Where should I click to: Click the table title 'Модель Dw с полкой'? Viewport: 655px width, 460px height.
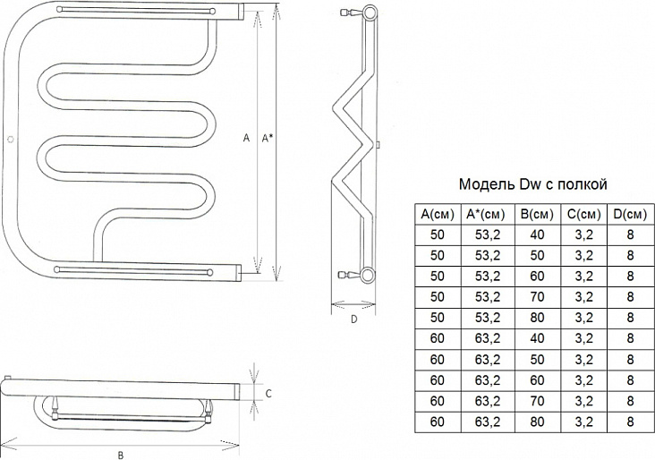tap(532, 184)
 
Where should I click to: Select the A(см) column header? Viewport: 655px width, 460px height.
tap(438, 214)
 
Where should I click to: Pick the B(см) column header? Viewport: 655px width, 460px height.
tap(537, 214)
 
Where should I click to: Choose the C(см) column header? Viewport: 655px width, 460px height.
tap(584, 214)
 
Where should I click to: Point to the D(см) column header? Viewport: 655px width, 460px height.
tap(630, 214)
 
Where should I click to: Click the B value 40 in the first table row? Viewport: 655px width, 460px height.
tap(537, 234)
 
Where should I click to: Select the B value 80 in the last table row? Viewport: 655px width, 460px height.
tap(537, 422)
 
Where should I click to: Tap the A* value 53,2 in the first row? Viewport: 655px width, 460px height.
tap(488, 234)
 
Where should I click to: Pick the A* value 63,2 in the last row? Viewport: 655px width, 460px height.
tap(488, 422)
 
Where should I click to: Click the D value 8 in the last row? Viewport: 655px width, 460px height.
tap(630, 422)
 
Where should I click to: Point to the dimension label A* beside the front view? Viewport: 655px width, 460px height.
tap(267, 138)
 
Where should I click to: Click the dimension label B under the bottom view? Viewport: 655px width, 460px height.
tap(121, 455)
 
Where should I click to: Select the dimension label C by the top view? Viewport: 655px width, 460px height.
tap(268, 394)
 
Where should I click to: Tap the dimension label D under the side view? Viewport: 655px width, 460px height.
tap(353, 319)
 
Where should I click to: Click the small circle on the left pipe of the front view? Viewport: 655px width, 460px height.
tap(11, 139)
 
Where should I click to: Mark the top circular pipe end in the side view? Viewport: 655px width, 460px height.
tap(369, 13)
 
